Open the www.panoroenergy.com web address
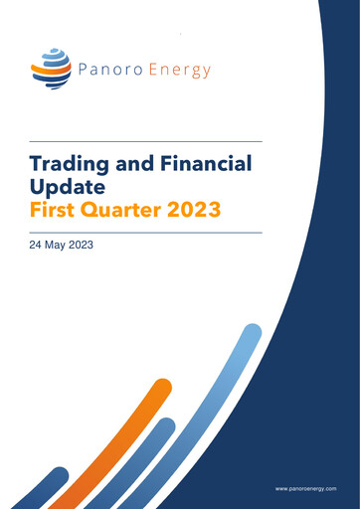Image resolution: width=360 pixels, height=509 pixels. coord(306,489)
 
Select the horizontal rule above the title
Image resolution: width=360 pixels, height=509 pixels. coord(145,141)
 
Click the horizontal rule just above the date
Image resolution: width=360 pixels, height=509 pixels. coord(145,232)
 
